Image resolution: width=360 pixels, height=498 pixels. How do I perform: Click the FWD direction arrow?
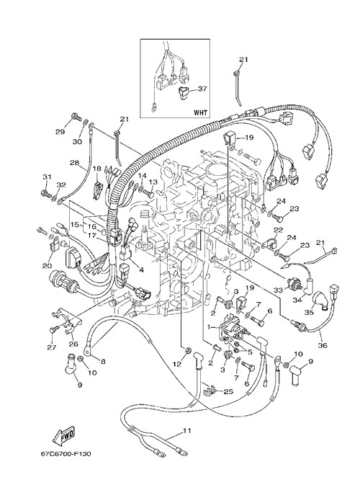point(63,435)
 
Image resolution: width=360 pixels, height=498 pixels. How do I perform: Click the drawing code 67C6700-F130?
point(66,453)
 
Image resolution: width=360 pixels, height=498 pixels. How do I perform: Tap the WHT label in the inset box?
point(200,112)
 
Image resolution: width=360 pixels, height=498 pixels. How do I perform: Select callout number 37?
point(202,89)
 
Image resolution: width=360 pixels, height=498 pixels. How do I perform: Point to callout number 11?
point(187,430)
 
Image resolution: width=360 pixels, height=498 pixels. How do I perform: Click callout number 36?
point(323,345)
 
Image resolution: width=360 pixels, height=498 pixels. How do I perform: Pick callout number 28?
point(75,163)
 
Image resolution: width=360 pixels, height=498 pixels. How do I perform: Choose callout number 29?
point(60,132)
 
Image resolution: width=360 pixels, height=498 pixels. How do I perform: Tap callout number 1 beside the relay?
point(209,326)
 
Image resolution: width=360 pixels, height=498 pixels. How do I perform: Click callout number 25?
point(228,391)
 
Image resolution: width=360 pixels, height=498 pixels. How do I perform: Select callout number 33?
point(278,290)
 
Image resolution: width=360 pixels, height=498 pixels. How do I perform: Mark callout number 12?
point(177,364)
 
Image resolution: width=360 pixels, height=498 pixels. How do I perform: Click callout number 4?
point(141,270)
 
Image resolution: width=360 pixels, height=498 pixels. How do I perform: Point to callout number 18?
point(96,169)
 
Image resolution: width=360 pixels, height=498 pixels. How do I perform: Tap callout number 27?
point(52,347)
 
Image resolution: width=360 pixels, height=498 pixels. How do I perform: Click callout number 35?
point(309,313)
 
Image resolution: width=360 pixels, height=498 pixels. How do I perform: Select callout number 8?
point(103,361)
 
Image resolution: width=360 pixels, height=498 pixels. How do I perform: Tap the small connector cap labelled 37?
point(184,94)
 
